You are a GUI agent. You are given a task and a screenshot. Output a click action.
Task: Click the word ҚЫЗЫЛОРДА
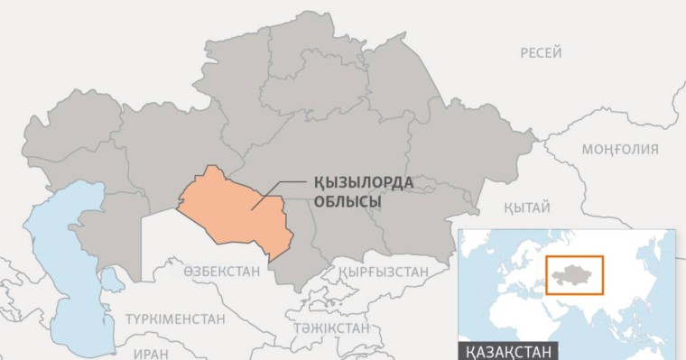(363, 183)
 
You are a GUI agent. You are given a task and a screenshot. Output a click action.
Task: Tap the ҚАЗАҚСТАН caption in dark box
(508, 351)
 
